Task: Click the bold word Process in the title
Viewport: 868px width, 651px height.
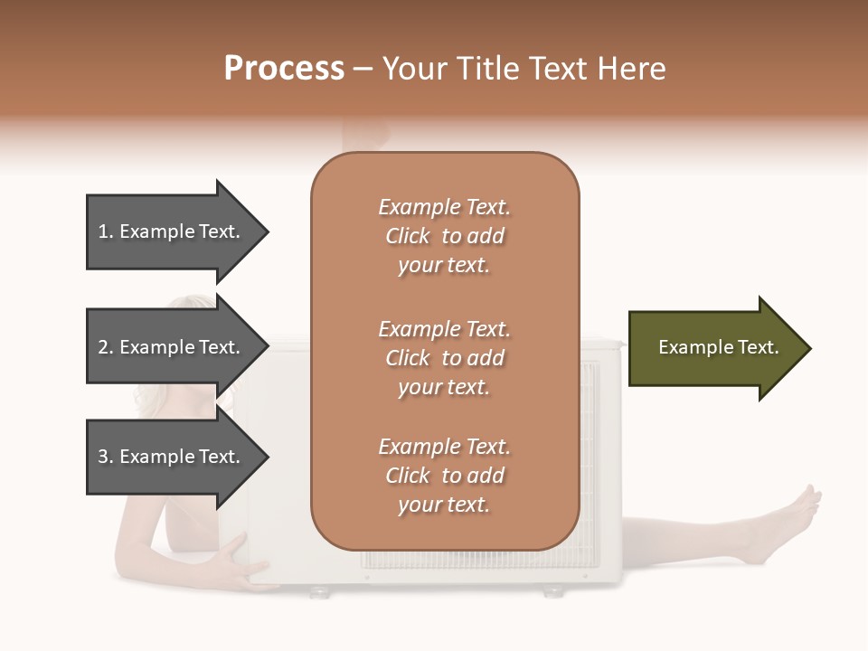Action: pyautogui.click(x=284, y=69)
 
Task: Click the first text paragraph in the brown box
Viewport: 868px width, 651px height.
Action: pyautogui.click(x=444, y=236)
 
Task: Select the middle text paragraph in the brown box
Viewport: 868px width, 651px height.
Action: pyautogui.click(x=444, y=358)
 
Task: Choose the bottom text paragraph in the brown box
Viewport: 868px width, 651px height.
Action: pyautogui.click(x=444, y=476)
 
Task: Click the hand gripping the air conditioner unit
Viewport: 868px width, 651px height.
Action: pyautogui.click(x=231, y=561)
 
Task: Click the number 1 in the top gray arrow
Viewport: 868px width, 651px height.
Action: pyautogui.click(x=103, y=232)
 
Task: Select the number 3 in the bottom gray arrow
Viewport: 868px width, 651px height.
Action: pyautogui.click(x=103, y=458)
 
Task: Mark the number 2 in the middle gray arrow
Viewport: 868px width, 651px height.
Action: pyautogui.click(x=103, y=348)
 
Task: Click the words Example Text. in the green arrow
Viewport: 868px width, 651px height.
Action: pyautogui.click(x=718, y=347)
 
